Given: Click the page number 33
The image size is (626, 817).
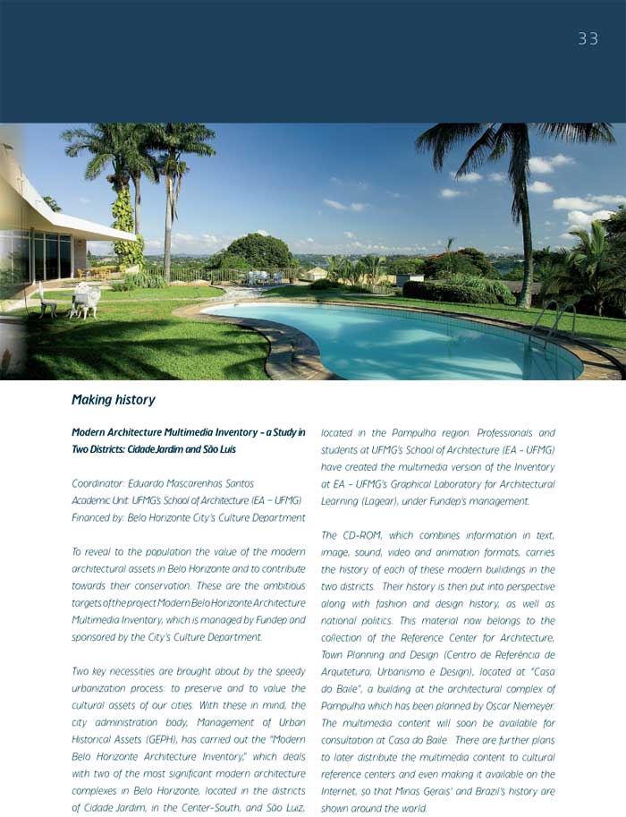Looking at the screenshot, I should coord(588,38).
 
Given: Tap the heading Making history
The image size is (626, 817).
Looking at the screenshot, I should coord(113,400).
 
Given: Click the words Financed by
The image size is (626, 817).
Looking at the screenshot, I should coord(96,517).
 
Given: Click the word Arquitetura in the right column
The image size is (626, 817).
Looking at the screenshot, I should coord(350,672).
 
